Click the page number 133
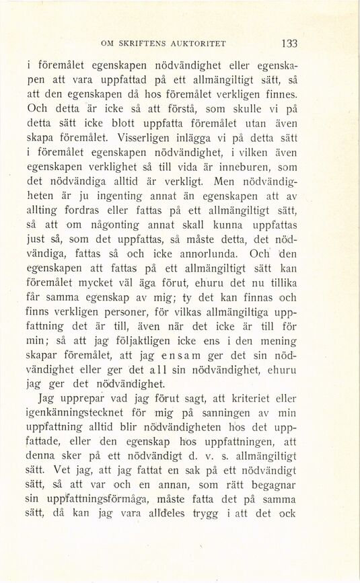pyautogui.click(x=290, y=44)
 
